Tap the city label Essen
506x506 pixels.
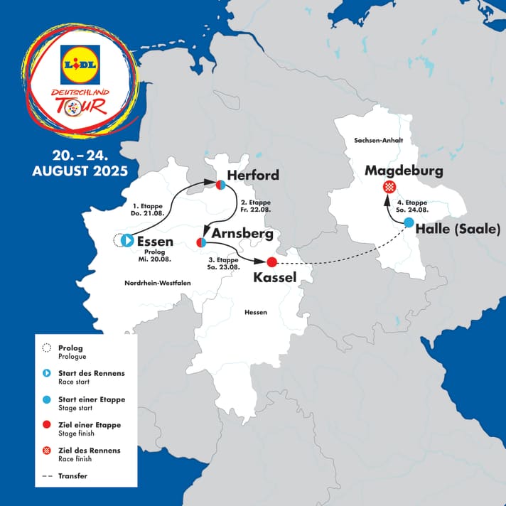[x=154, y=241]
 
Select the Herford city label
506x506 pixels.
[x=252, y=175]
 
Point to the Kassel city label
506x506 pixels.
[x=274, y=277]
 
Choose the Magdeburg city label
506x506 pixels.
[x=404, y=171]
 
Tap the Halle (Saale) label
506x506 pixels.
[x=458, y=229]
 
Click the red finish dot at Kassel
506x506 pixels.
[x=271, y=262]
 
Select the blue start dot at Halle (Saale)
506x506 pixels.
[x=409, y=222]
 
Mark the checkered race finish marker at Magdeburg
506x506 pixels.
[x=389, y=188]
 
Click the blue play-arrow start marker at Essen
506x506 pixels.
[x=127, y=241]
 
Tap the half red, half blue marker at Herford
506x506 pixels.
[x=221, y=185]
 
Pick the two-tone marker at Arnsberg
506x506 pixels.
[x=202, y=243]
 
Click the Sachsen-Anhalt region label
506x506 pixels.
[x=374, y=141]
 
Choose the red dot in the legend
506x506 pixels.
[x=48, y=425]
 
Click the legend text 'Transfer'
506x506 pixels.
[x=73, y=475]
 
